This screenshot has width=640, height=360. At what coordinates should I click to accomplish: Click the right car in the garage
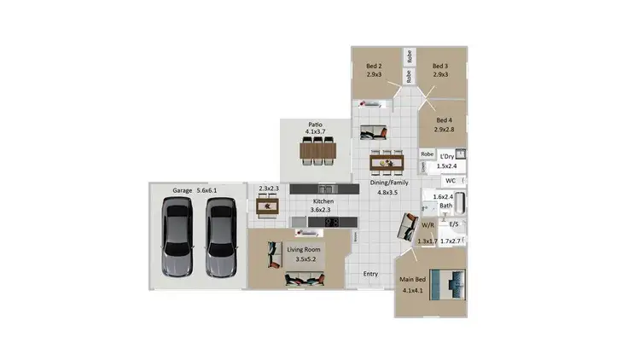click(x=220, y=238)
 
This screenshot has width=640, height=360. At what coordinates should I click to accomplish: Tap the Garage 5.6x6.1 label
click(x=195, y=190)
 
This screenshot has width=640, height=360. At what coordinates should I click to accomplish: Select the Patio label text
click(x=315, y=125)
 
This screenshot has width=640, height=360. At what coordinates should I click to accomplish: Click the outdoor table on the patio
click(x=318, y=150)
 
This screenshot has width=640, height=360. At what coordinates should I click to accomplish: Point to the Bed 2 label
click(x=374, y=66)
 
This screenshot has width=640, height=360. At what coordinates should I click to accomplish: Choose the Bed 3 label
click(x=440, y=66)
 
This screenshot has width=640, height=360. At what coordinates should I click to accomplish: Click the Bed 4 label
click(x=443, y=120)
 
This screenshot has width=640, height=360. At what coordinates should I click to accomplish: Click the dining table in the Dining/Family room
click(x=387, y=161)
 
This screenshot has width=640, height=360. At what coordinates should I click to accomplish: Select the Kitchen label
click(x=323, y=201)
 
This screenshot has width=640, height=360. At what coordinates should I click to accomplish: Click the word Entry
click(x=370, y=274)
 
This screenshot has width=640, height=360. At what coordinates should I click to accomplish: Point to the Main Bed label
click(x=413, y=280)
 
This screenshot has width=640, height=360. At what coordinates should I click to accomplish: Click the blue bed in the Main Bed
click(x=447, y=283)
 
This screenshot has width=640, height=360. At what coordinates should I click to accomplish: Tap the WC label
click(x=449, y=181)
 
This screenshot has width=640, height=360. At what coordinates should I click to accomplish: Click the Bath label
click(x=445, y=206)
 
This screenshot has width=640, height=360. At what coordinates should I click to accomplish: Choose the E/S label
click(x=454, y=224)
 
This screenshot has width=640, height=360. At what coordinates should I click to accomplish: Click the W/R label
click(x=428, y=225)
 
